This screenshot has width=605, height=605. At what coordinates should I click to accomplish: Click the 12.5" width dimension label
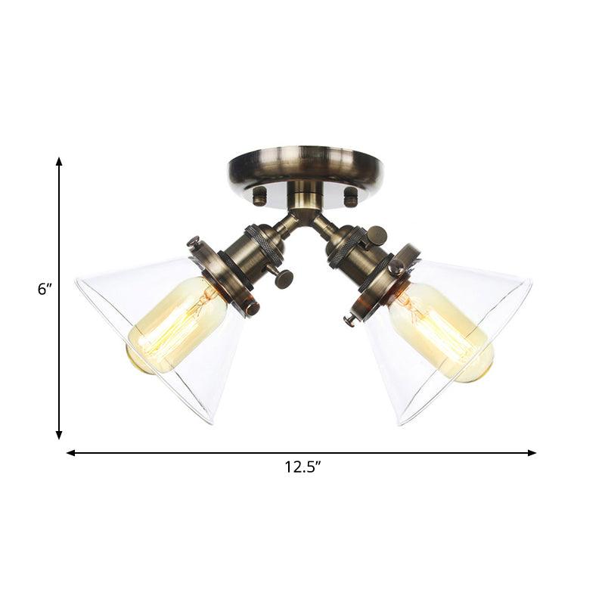(302, 468)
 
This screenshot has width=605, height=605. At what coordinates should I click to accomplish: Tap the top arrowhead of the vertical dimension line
(59, 162)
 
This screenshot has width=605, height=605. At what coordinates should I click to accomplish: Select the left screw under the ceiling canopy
(259, 197)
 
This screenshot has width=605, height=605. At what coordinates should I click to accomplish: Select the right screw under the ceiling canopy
(350, 197)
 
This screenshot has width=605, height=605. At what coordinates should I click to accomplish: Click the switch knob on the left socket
(284, 279)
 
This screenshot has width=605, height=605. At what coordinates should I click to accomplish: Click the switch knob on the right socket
(376, 235)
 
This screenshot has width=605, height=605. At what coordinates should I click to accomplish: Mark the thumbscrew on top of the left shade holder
(194, 242)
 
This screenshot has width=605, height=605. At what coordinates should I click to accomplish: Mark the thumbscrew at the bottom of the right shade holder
(349, 320)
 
